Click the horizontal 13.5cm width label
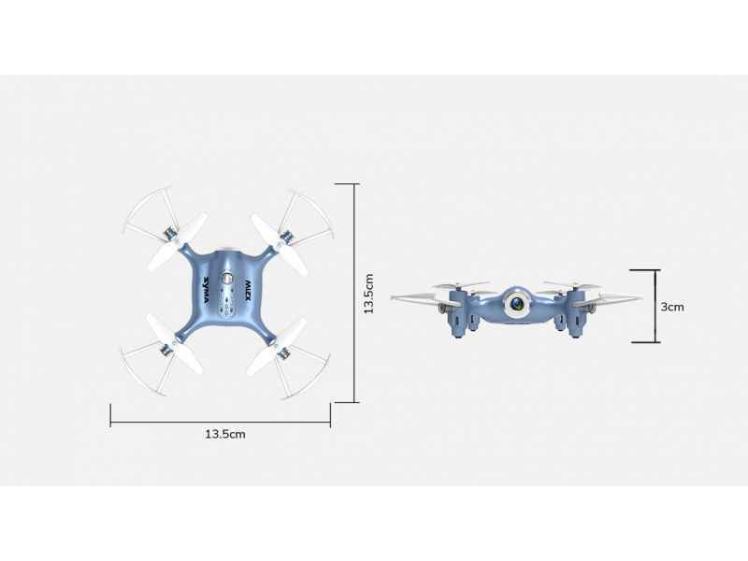click(x=225, y=434)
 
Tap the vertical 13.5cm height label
click(x=368, y=294)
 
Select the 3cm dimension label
click(x=672, y=307)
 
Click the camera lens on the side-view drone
click(x=517, y=303)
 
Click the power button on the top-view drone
click(x=227, y=278)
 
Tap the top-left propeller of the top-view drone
click(x=178, y=241)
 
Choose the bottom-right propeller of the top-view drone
click(x=277, y=348)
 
